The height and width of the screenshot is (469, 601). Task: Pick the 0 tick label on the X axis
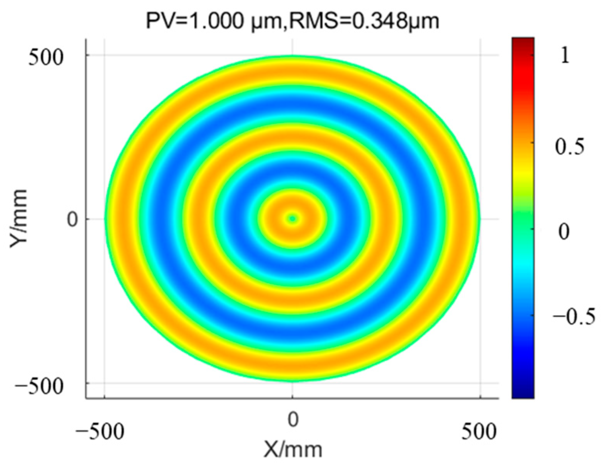[x=293, y=420]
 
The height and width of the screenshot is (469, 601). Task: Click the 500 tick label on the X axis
[x=479, y=432]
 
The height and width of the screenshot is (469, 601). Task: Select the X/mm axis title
[x=293, y=449]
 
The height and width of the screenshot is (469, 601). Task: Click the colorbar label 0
[x=564, y=232]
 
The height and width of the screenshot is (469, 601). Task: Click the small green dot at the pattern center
[x=293, y=218]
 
